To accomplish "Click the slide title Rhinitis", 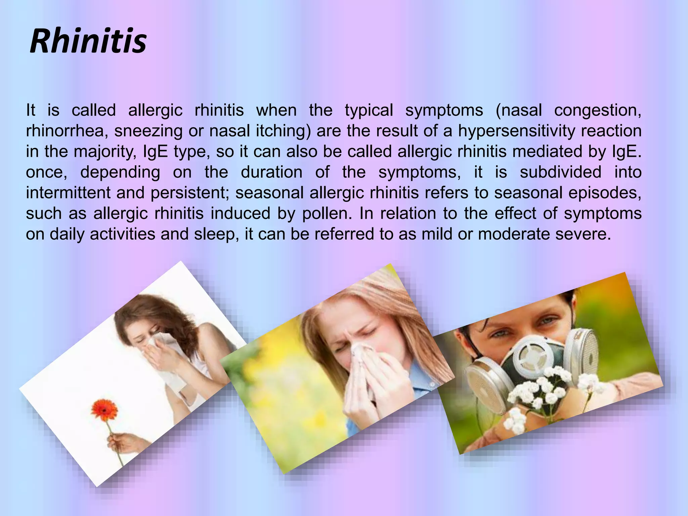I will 88,42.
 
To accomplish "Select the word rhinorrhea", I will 67,131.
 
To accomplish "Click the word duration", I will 271,172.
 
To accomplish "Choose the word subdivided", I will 560,172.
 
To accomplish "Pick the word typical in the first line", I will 369,111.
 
